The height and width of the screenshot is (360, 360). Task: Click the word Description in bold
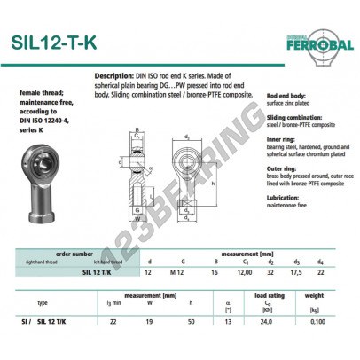(114, 77)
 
